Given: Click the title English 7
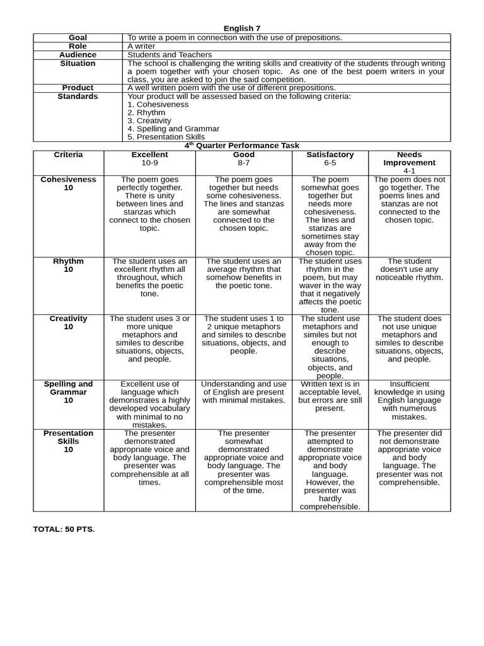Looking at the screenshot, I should click(x=242, y=28).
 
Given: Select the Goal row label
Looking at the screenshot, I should click(x=78, y=37).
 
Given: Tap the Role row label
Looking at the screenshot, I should click(x=78, y=46).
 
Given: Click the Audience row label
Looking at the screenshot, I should click(x=78, y=55).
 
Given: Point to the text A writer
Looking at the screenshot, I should click(x=141, y=46).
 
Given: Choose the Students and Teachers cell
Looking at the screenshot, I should click(x=170, y=55).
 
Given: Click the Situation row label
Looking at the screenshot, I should click(x=78, y=64).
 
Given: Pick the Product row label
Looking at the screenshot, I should click(x=78, y=88).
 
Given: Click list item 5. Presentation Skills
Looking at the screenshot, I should click(x=166, y=136).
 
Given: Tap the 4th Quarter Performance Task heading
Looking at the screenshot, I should click(x=242, y=146).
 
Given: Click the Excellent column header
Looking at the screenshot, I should click(x=149, y=155).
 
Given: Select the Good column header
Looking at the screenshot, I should click(x=244, y=155).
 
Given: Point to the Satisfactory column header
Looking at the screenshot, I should click(x=330, y=155).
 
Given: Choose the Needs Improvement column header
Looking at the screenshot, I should click(x=410, y=158).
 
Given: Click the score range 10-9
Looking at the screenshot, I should click(x=149, y=163).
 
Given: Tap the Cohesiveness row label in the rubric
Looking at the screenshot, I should click(x=68, y=179).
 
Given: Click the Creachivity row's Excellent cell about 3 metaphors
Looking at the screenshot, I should click(x=149, y=339).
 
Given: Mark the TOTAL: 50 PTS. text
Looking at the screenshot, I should click(x=64, y=529).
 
